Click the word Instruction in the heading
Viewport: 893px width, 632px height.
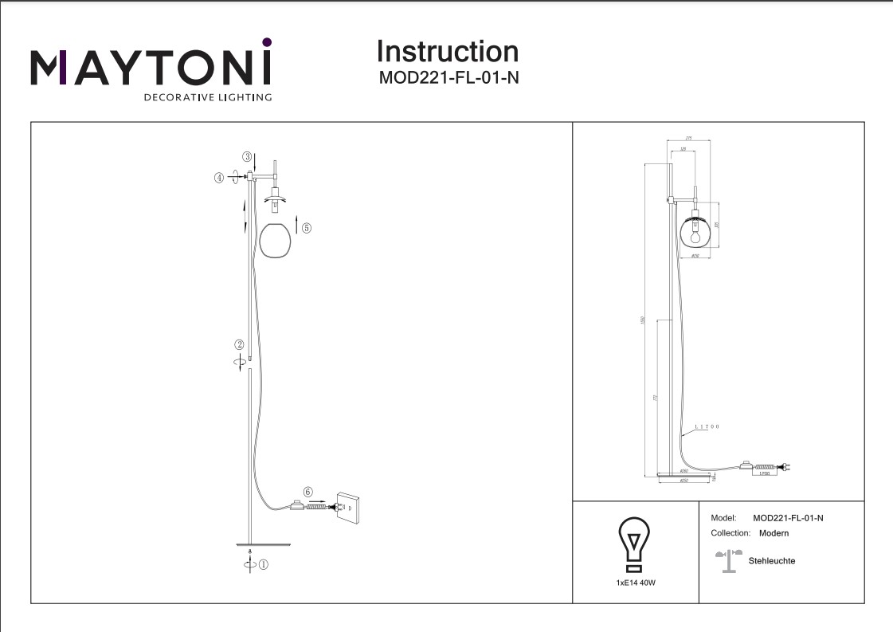click(x=447, y=52)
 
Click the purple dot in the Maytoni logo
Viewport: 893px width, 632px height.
click(x=267, y=41)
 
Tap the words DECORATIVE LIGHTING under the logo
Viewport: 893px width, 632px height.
click(x=207, y=97)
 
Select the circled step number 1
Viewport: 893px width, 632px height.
click(x=264, y=564)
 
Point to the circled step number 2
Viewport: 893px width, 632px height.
click(x=238, y=345)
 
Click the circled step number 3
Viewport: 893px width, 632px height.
click(x=248, y=157)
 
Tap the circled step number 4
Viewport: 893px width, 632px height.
click(x=219, y=179)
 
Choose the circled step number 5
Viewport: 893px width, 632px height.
click(x=307, y=227)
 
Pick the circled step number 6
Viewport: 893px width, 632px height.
click(x=307, y=492)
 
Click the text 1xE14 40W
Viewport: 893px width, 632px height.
click(x=636, y=583)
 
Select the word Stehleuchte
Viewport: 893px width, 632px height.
click(x=772, y=561)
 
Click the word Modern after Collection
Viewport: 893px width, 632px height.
click(x=774, y=533)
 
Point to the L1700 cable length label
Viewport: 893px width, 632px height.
click(x=706, y=428)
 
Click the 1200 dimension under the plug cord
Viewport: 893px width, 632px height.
click(x=764, y=474)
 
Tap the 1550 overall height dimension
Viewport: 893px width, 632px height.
click(x=642, y=320)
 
